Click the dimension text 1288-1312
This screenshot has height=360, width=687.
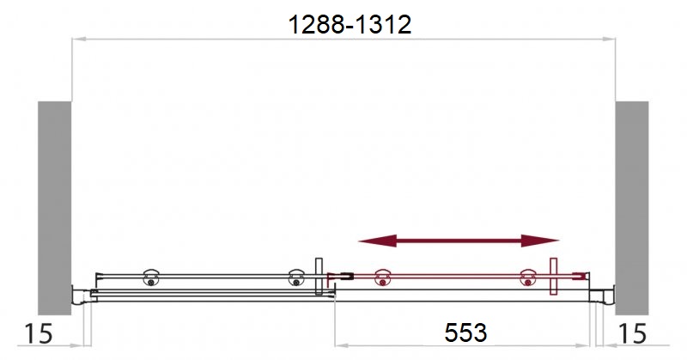(350, 25)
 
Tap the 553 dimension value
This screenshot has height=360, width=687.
(465, 333)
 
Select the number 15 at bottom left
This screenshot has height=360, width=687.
(38, 333)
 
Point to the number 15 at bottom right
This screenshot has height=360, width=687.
(632, 333)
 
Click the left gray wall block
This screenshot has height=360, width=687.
(54, 208)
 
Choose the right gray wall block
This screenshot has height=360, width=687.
(632, 208)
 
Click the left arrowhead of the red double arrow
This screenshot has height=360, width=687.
(378, 241)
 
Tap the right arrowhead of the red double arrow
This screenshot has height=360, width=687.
(540, 241)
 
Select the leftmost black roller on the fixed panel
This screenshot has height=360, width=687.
(151, 278)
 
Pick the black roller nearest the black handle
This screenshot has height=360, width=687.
(296, 278)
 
